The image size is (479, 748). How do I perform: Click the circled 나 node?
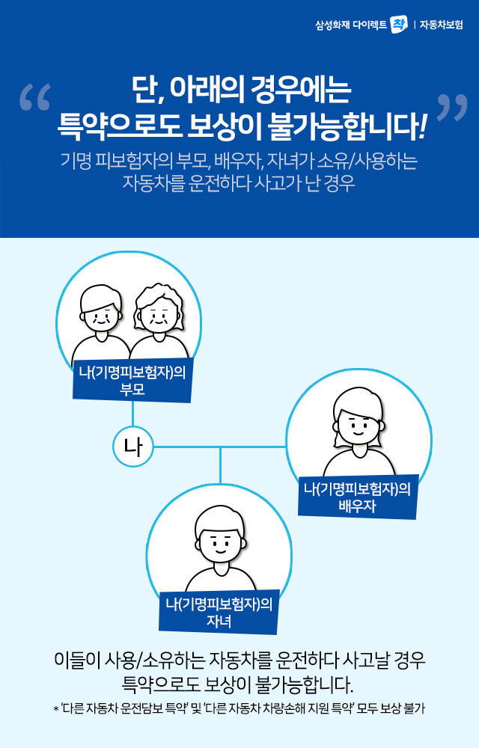pos(133,448)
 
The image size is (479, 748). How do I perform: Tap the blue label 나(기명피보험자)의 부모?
pos(132,381)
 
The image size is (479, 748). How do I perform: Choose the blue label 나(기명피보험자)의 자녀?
pos(219,612)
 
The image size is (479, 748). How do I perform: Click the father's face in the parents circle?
pos(100,314)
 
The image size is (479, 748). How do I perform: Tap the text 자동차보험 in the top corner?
pos(442,25)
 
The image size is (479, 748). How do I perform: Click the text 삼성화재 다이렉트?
pos(351,25)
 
